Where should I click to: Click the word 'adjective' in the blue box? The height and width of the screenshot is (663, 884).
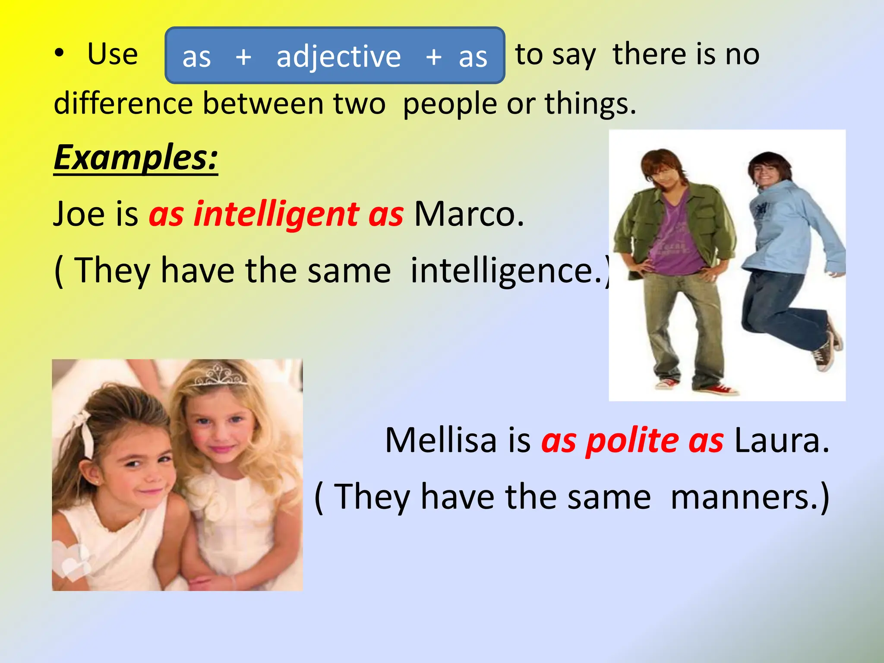click(x=338, y=57)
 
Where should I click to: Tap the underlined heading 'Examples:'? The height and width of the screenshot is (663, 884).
click(x=136, y=158)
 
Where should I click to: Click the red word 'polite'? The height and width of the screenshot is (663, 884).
click(x=632, y=441)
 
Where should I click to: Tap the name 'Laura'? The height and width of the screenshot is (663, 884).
click(x=781, y=440)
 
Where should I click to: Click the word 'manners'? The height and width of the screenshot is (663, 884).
click(x=744, y=497)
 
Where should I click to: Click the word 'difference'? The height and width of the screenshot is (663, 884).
click(x=123, y=104)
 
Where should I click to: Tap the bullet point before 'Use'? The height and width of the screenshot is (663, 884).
click(x=59, y=54)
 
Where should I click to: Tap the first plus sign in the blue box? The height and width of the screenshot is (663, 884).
click(x=243, y=57)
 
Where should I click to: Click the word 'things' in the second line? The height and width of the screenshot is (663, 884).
click(x=590, y=104)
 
